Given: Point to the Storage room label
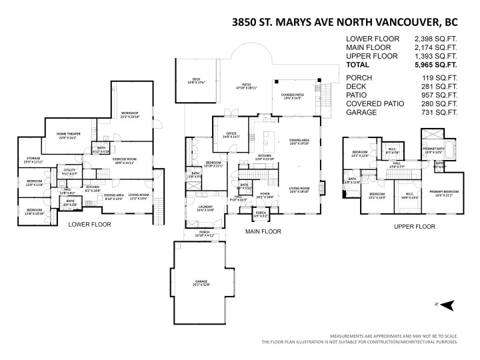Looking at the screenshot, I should (33, 159).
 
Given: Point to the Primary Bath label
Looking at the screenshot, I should (433, 150).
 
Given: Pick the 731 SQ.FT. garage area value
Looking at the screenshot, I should (440, 113).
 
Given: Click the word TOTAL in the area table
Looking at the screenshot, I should (359, 66).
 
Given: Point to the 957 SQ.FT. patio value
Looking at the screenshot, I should (440, 95).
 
